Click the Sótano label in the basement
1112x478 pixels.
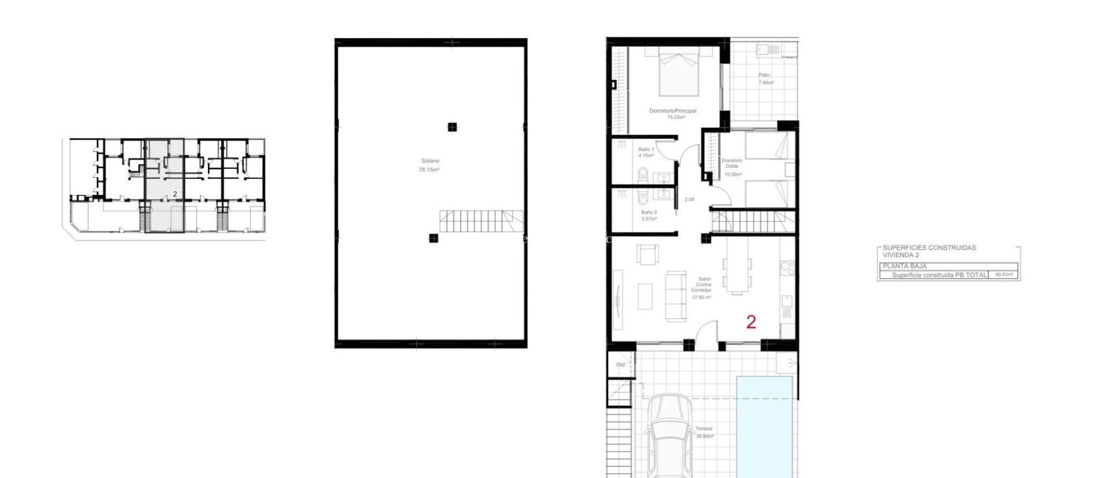coord(430,161)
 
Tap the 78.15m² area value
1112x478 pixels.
coord(429,169)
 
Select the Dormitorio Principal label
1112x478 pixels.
coord(673,111)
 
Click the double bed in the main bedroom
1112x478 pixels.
coord(679,74)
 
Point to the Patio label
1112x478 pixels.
coord(764,75)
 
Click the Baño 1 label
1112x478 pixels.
coord(646,149)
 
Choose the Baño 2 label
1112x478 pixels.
coord(649,212)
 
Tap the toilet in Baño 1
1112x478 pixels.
coord(642,175)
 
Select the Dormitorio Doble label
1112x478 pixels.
coord(732,163)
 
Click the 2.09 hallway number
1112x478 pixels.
coord(689,199)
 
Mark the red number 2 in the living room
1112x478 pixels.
coord(751,322)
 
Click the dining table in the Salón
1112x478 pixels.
coord(737,274)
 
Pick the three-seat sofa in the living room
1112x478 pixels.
coord(676,296)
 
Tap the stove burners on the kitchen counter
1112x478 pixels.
coord(788,268)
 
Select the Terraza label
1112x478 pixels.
coord(704,429)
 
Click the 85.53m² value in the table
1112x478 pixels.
coord(1003,275)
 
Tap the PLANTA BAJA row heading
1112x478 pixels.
coord(905,266)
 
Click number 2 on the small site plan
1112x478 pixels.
coord(175,194)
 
